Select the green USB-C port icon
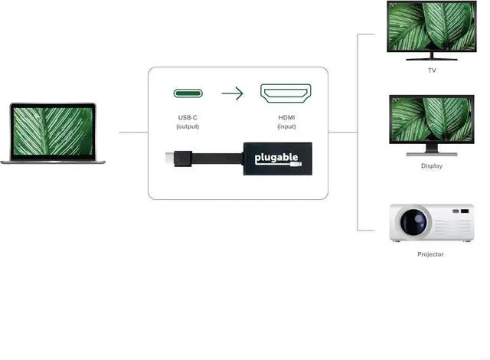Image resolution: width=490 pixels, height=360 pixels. coord(188,94)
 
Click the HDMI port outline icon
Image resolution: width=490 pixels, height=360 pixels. coord(286,94)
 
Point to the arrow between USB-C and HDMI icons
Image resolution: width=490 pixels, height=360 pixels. coord(232,94)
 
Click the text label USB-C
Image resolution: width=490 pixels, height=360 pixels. coord(188,117)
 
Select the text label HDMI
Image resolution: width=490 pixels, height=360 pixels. coord(286,117)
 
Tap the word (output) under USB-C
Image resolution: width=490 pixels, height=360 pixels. coord(188,126)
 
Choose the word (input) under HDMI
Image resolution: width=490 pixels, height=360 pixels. coord(286,126)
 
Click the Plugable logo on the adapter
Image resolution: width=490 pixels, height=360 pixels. coord(274,158)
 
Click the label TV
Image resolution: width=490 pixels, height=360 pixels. coord(432,70)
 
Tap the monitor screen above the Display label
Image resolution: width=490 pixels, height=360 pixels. coord(431,122)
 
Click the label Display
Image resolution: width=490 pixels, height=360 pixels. coord(431,165)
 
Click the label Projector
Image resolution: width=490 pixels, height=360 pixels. coord(430,254)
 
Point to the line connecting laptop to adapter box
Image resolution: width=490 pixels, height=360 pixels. coord(133,132)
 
